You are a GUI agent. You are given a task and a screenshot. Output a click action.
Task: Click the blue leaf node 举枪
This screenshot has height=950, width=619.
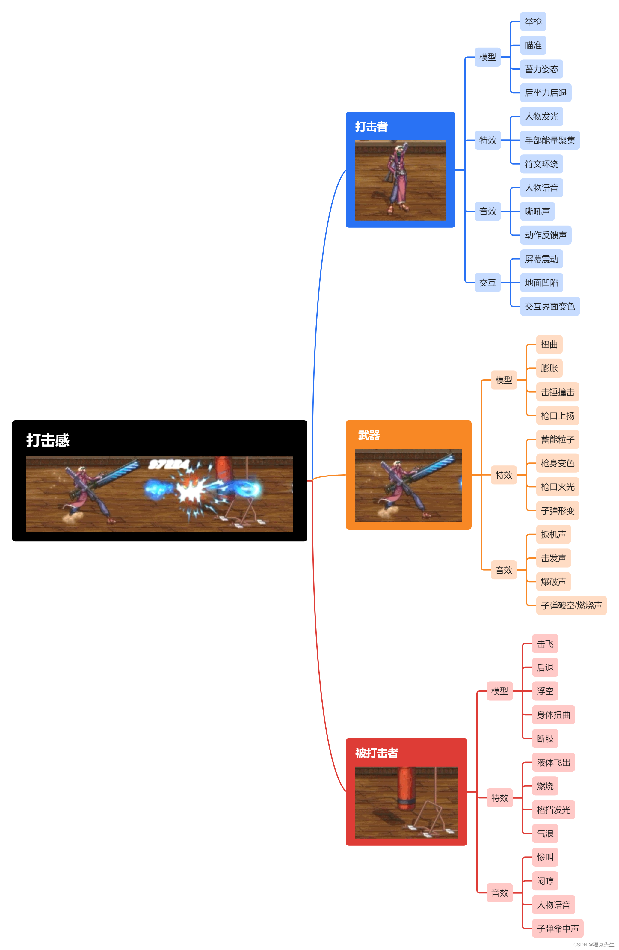[x=532, y=22]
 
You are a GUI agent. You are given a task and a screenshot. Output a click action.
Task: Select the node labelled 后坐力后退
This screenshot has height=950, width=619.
[x=545, y=93]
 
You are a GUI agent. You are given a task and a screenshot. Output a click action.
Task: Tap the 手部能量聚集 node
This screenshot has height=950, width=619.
[x=549, y=140]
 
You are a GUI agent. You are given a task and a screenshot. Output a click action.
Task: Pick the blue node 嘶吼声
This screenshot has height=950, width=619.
[x=537, y=211]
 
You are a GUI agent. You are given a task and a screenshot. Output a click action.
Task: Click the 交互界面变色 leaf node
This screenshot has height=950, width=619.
[x=549, y=306]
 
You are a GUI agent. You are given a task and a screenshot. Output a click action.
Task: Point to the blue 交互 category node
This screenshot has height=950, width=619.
[x=487, y=283]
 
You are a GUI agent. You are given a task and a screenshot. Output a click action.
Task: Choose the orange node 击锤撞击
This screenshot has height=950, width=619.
[x=557, y=392]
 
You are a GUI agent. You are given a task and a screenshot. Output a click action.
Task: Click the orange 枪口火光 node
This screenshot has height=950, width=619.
[x=557, y=487]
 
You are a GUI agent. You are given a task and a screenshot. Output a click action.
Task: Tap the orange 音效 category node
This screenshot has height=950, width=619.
[x=503, y=570]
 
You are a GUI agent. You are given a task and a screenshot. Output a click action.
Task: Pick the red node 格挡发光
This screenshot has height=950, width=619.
[x=553, y=809]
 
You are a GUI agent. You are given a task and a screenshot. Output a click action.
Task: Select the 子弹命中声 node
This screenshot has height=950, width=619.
[x=557, y=928]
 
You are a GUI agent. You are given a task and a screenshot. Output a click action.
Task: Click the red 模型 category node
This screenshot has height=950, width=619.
[x=499, y=691]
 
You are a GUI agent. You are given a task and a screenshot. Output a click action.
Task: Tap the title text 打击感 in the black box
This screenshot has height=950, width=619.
[x=48, y=440]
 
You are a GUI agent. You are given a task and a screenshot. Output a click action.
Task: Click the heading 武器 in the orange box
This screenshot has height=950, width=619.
[x=369, y=435]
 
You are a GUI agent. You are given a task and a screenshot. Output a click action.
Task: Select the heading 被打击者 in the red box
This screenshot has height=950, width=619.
[x=376, y=753]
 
